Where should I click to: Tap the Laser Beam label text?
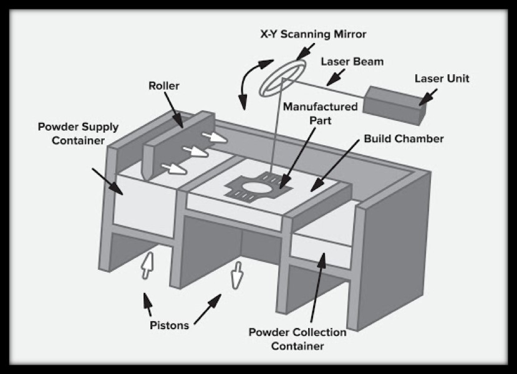[x=352, y=62]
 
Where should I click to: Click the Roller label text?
[x=163, y=85]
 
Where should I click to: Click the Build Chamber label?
[x=403, y=138]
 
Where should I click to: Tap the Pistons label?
[x=169, y=325]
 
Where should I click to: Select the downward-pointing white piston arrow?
[x=236, y=275]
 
